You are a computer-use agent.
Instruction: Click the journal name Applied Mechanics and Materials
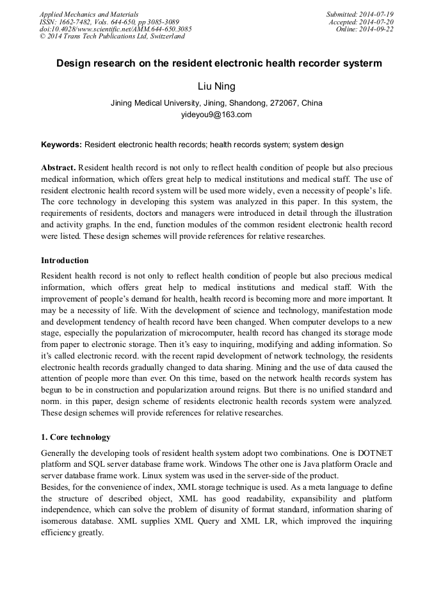pyautogui.click(x=89, y=14)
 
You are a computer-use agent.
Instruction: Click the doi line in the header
pyautogui.click(x=115, y=29)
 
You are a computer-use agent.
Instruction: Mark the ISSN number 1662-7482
pyautogui.click(x=77, y=22)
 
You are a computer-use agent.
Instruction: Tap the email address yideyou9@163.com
pyautogui.click(x=216, y=115)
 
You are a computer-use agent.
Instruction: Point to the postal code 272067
pyautogui.click(x=282, y=102)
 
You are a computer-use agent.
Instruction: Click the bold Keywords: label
pyautogui.click(x=61, y=145)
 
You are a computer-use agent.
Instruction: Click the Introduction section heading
pyautogui.click(x=65, y=261)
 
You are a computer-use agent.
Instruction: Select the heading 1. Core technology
pyautogui.click(x=76, y=437)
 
